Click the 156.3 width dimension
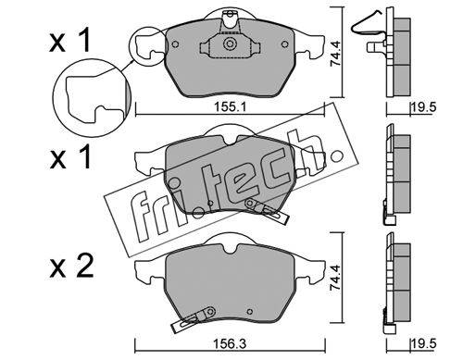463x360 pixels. tap(231, 343)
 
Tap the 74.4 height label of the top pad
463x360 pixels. tap(335, 54)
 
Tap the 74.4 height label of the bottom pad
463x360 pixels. tap(335, 278)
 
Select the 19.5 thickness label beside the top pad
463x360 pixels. tap(423, 107)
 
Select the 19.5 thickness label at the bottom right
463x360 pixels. tap(423, 343)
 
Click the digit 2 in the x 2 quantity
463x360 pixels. tap(84, 267)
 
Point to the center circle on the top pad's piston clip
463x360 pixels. tap(230, 43)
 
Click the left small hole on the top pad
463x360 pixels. tap(175, 44)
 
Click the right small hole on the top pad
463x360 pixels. tap(285, 44)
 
